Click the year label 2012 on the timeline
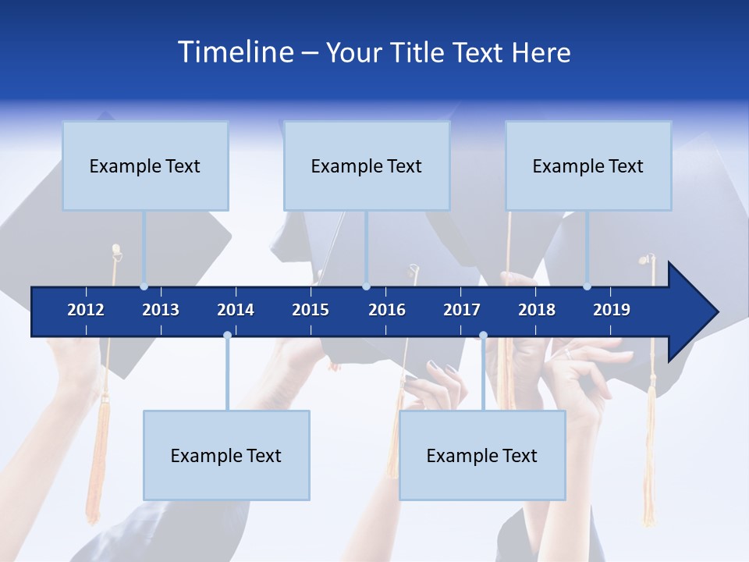pyautogui.click(x=86, y=310)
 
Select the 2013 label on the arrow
pyautogui.click(x=161, y=310)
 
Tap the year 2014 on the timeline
pyautogui.click(x=236, y=310)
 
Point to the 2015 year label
pyautogui.click(x=311, y=310)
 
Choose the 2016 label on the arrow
pyautogui.click(x=387, y=310)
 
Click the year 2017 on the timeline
pyautogui.click(x=462, y=310)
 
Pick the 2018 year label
pyautogui.click(x=537, y=310)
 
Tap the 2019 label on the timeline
pyautogui.click(x=612, y=310)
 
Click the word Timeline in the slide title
pyautogui.click(x=236, y=52)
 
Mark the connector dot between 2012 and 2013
pyautogui.click(x=144, y=286)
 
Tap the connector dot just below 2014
pyautogui.click(x=227, y=336)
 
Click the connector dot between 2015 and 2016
pyautogui.click(x=366, y=286)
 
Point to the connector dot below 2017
pyautogui.click(x=483, y=336)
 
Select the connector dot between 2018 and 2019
pyautogui.click(x=587, y=286)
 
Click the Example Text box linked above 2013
pyautogui.click(x=145, y=166)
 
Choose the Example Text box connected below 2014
pyautogui.click(x=226, y=456)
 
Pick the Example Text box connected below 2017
pyautogui.click(x=482, y=456)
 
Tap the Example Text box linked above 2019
pyautogui.click(x=588, y=166)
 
